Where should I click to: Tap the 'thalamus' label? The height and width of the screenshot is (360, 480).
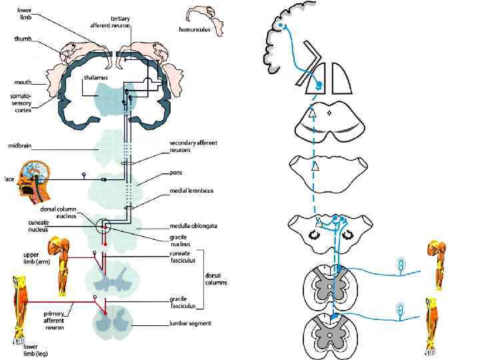point(97,78)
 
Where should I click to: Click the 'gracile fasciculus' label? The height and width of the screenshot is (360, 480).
point(181,303)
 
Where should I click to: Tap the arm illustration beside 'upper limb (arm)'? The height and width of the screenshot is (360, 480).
point(63,265)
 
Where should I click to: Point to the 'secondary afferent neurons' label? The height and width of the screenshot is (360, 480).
point(193,147)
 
